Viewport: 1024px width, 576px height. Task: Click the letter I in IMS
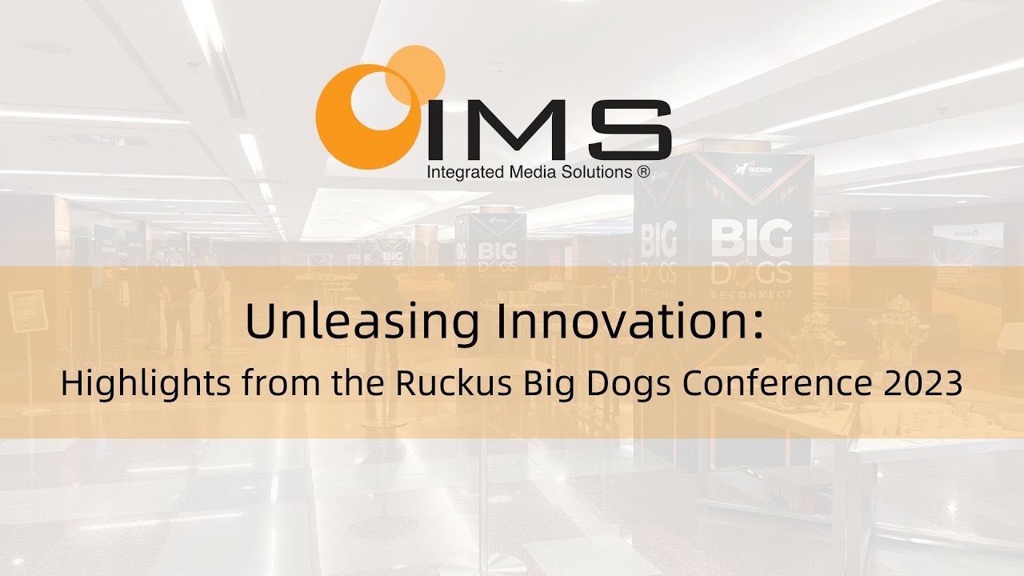point(437,128)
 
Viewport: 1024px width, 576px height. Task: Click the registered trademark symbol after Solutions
point(642,171)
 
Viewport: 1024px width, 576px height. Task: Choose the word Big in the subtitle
point(546,386)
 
